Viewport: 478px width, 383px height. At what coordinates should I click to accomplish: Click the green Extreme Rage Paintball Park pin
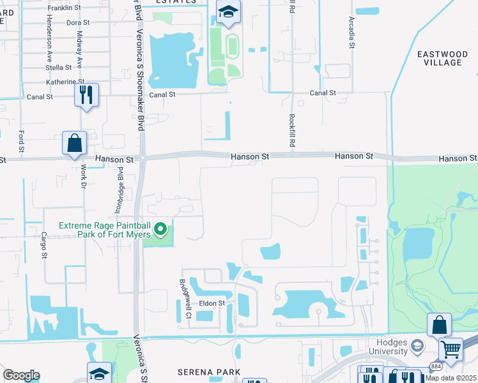(x=161, y=228)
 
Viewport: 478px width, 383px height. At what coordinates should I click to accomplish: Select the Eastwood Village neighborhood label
(x=440, y=58)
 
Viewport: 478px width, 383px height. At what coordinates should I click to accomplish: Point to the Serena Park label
(x=209, y=372)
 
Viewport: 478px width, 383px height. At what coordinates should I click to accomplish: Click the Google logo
(x=21, y=375)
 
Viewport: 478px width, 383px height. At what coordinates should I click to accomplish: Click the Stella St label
(x=59, y=67)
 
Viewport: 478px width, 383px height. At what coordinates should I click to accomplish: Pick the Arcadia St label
(x=351, y=33)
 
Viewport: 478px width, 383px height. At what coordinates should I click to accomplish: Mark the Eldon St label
(x=212, y=303)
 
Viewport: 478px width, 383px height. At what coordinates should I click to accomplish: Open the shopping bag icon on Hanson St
(x=74, y=143)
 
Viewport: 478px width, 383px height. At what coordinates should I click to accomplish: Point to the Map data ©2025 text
(x=451, y=378)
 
